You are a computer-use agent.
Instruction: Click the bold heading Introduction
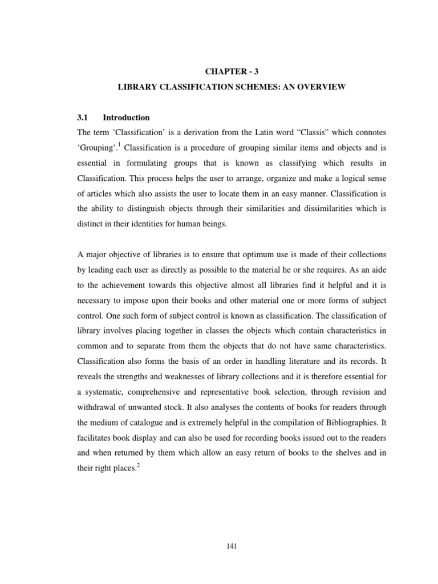[126, 118]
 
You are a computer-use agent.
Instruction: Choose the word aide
[379, 269]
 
